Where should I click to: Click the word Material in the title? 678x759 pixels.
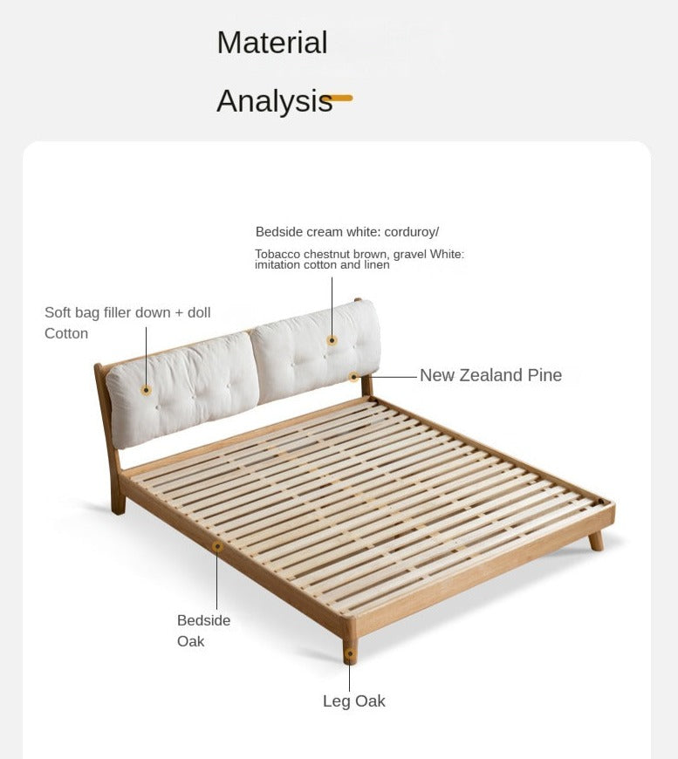coord(272,43)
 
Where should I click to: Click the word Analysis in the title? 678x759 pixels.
coord(275,101)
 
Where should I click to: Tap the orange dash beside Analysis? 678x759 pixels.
coord(341,99)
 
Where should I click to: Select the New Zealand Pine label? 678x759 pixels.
coord(490,375)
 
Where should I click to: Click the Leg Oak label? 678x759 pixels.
coord(354,701)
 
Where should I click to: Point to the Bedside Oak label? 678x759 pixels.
coord(203,631)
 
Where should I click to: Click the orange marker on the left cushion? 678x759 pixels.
coord(146,390)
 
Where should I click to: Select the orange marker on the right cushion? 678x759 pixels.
coord(332,340)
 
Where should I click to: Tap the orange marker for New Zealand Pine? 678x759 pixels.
coord(354,377)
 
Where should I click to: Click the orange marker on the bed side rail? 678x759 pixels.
coord(217,546)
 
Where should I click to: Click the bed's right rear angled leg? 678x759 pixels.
coord(596,540)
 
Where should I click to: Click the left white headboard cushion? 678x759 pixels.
coord(182,390)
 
